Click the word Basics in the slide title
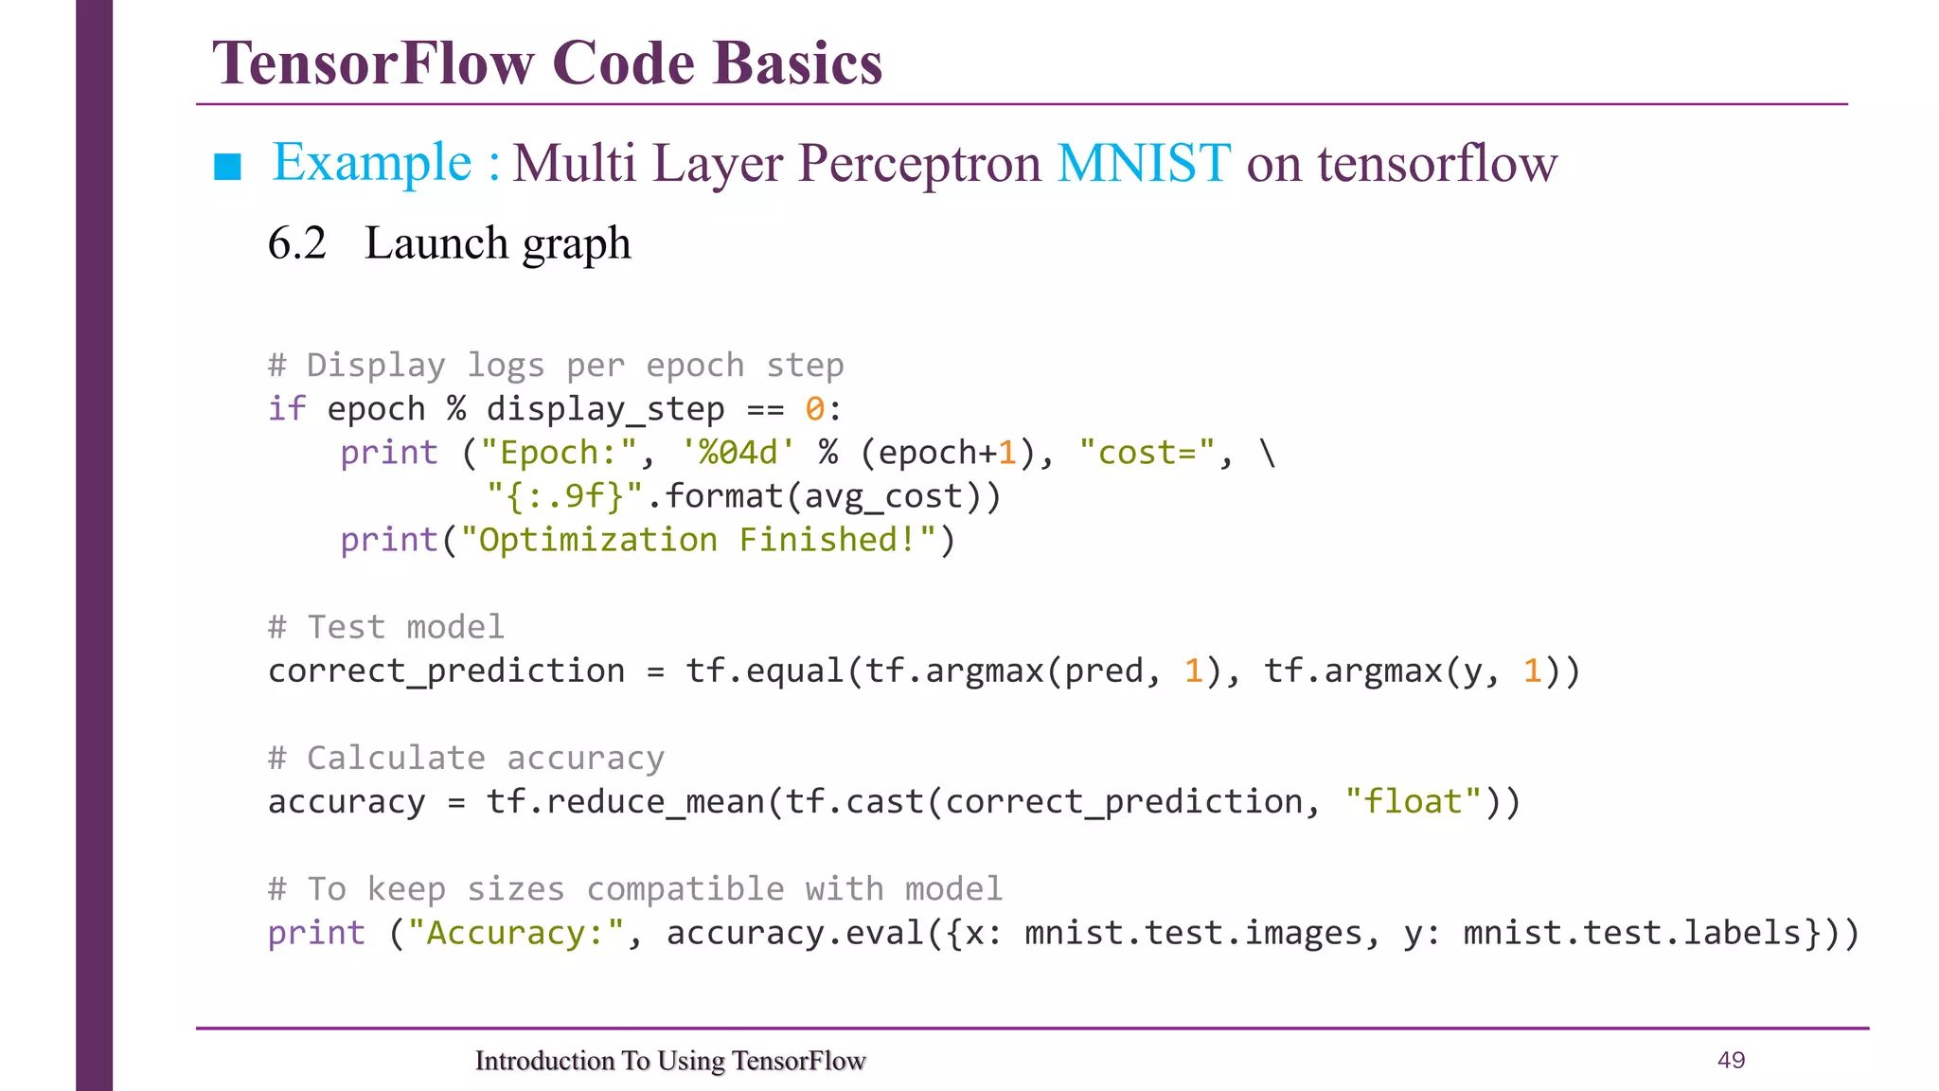pos(797,63)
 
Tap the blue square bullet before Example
pos(228,167)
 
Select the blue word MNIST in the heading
pos(1144,163)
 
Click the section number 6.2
pos(296,243)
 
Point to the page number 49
pos(1731,1060)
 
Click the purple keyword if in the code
pos(287,409)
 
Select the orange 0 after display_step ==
pos(814,409)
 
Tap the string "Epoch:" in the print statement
pos(559,453)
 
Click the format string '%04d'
pos(738,453)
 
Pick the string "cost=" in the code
pos(1147,453)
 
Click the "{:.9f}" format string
pos(565,496)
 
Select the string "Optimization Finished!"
pos(698,540)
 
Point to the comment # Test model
pos(386,627)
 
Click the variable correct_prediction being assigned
pos(446,671)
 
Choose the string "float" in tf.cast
pos(1413,802)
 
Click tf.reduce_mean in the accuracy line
pos(625,802)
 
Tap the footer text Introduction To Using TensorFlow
pos(670,1061)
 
